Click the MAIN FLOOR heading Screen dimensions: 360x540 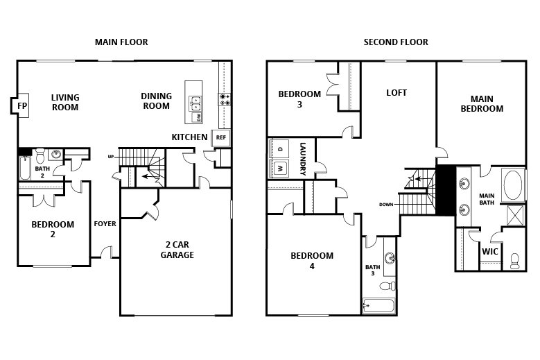(x=121, y=42)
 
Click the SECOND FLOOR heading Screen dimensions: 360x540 (x=396, y=42)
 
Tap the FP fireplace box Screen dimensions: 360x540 (x=21, y=106)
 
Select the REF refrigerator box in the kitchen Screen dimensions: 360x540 (x=221, y=137)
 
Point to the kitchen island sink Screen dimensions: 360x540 (x=195, y=103)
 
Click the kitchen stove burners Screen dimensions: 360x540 (x=225, y=100)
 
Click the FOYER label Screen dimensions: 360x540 (x=105, y=224)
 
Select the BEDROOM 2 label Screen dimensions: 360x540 (x=53, y=229)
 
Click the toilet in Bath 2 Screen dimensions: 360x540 (x=40, y=153)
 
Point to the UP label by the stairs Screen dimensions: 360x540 (x=110, y=157)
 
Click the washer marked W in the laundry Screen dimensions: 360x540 (x=281, y=168)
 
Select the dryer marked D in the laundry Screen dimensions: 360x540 (x=281, y=148)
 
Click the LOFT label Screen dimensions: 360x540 (x=397, y=92)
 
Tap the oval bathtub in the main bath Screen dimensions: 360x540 (x=514, y=185)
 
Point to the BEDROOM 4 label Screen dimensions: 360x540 (x=312, y=261)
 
